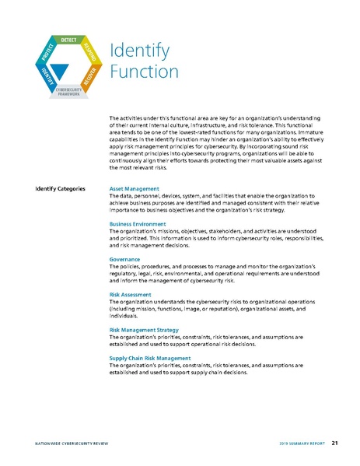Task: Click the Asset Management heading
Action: (x=135, y=189)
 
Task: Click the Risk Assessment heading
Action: (x=131, y=296)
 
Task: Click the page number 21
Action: (x=334, y=443)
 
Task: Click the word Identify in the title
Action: (x=139, y=51)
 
